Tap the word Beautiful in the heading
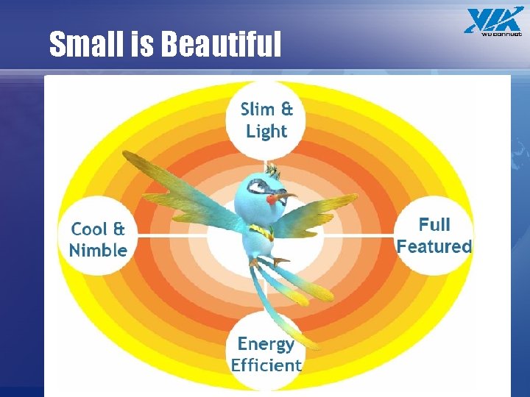221,45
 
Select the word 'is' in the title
141,45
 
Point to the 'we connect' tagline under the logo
501,33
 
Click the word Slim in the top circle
258,110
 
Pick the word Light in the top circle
266,132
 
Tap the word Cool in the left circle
88,229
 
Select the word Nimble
98,251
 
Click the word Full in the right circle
434,224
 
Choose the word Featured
434,246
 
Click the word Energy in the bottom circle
266,343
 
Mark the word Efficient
266,365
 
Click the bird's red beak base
275,197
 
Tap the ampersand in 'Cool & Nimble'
119,229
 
